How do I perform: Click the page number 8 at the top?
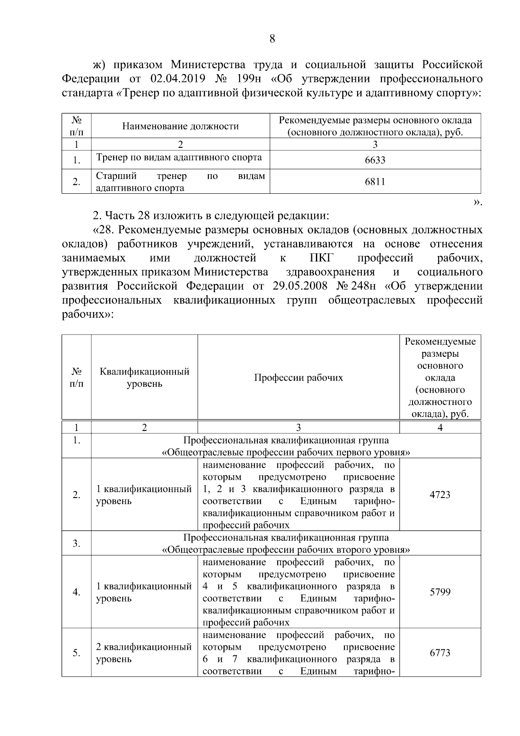tap(272, 39)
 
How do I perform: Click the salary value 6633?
tap(375, 160)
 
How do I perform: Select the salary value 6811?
tap(375, 182)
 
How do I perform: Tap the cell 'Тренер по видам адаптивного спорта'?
tap(179, 157)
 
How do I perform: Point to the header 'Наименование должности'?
tap(180, 126)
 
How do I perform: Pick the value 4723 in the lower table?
tap(440, 495)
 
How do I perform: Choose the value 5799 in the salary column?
tap(440, 592)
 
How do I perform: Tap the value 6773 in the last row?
tap(440, 653)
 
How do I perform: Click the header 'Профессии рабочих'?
tap(298, 378)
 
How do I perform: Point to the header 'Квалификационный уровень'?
tap(144, 378)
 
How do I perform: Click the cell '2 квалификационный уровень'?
tap(143, 653)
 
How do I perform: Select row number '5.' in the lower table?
tap(76, 653)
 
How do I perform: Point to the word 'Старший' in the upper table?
tap(116, 176)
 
